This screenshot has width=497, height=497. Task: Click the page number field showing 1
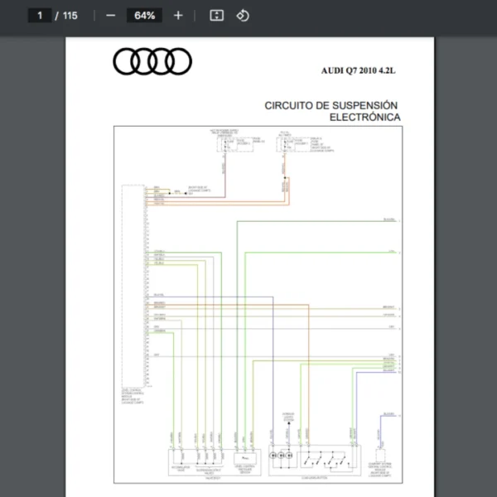point(39,15)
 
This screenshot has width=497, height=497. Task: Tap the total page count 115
point(70,15)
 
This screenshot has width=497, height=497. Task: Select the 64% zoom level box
point(144,15)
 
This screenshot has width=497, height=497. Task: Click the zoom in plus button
point(178,15)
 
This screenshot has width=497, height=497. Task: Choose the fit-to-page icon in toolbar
point(216,15)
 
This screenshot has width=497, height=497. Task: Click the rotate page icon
point(243,15)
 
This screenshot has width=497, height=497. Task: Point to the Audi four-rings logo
point(152,61)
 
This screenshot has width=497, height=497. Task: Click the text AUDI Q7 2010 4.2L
point(359,71)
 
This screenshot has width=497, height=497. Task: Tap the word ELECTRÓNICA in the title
point(365,118)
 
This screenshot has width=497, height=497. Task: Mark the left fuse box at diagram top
point(224,143)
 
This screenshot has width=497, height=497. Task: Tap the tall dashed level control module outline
point(132,286)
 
